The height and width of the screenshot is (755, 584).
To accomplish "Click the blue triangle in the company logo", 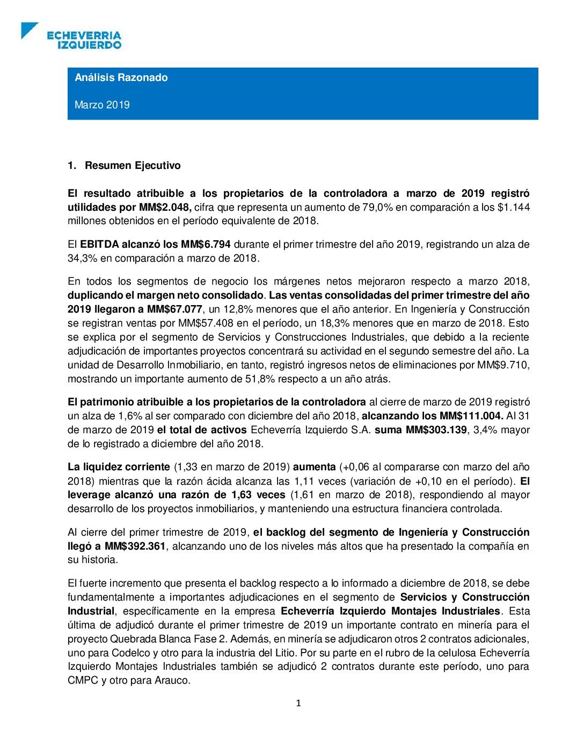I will [28, 29].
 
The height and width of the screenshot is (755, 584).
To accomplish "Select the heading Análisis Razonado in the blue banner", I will [121, 77].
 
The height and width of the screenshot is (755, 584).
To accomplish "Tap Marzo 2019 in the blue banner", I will [102, 105].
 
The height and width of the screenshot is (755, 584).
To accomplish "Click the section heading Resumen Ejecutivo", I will [133, 165].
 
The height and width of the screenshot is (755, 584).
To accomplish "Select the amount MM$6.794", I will [206, 244].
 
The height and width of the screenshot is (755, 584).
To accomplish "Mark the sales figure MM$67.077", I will [176, 309].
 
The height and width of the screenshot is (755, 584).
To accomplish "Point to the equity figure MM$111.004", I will [471, 416].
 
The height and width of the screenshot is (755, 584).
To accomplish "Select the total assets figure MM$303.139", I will [436, 430].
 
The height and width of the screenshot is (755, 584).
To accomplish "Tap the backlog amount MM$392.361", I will [135, 546].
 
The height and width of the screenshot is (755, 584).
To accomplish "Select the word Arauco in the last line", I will [173, 680].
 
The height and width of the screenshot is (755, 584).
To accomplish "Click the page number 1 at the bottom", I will [298, 703].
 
